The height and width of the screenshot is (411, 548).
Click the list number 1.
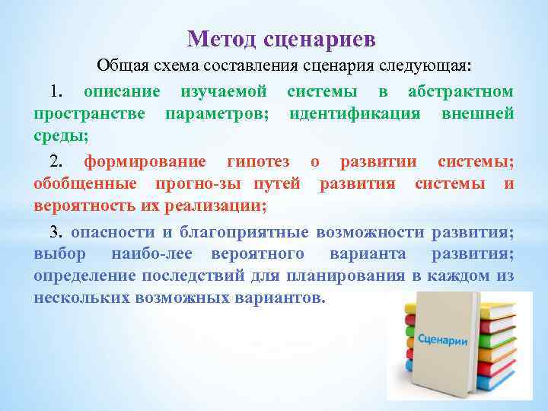click(x=56, y=92)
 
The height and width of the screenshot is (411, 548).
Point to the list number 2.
click(x=56, y=161)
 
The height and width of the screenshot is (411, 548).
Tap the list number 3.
click(x=56, y=231)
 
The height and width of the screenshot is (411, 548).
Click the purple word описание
click(x=121, y=92)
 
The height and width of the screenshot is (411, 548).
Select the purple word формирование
click(x=144, y=161)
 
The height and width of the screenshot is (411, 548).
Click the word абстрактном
click(x=460, y=92)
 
